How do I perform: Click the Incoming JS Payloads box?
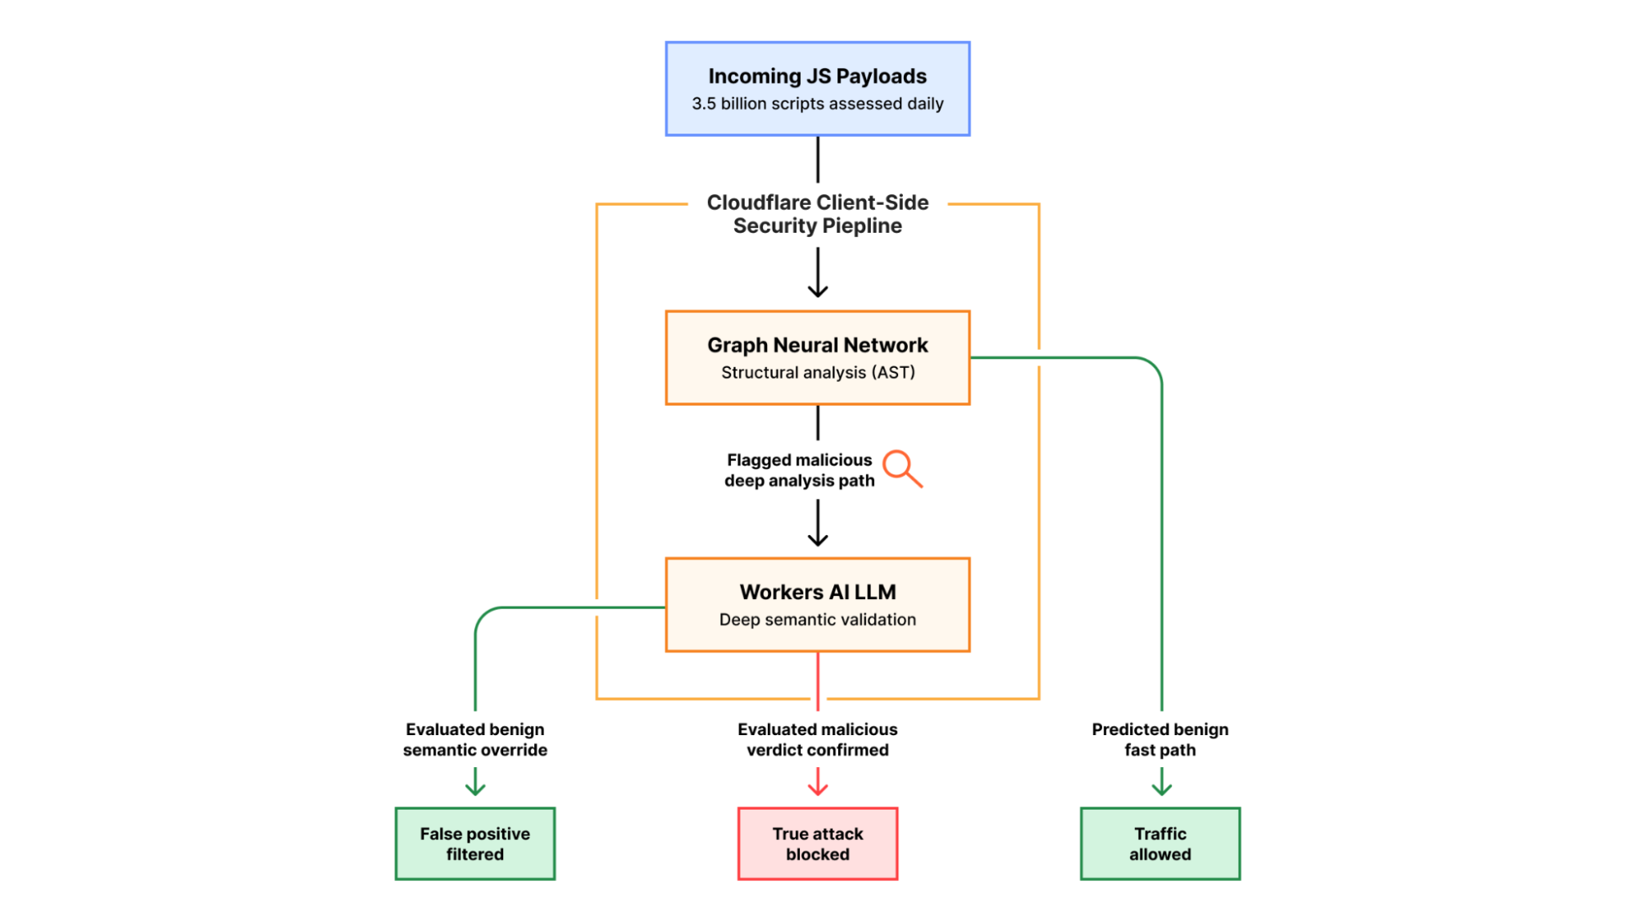pyautogui.click(x=817, y=89)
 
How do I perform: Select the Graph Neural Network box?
pyautogui.click(x=817, y=357)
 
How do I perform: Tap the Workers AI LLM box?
pyautogui.click(x=817, y=605)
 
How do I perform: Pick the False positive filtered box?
pyautogui.click(x=474, y=843)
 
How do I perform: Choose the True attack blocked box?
pyautogui.click(x=817, y=843)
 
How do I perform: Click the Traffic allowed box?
pyautogui.click(x=1159, y=843)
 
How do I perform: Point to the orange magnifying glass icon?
pyautogui.click(x=901, y=468)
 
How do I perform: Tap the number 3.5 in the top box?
pyautogui.click(x=703, y=104)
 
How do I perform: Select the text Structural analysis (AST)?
pyautogui.click(x=817, y=373)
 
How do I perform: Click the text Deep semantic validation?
pyautogui.click(x=817, y=620)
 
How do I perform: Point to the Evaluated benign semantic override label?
pyautogui.click(x=474, y=739)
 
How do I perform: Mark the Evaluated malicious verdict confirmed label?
pyautogui.click(x=817, y=739)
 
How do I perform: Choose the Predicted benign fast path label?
pyautogui.click(x=1159, y=739)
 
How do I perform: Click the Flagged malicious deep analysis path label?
pyautogui.click(x=799, y=470)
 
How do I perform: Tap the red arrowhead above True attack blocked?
pyautogui.click(x=817, y=789)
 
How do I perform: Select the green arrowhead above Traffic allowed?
pyautogui.click(x=1161, y=789)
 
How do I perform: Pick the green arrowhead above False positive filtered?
pyautogui.click(x=475, y=789)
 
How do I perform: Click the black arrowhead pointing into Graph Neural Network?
pyautogui.click(x=817, y=291)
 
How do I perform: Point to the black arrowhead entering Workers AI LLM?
pyautogui.click(x=817, y=540)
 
